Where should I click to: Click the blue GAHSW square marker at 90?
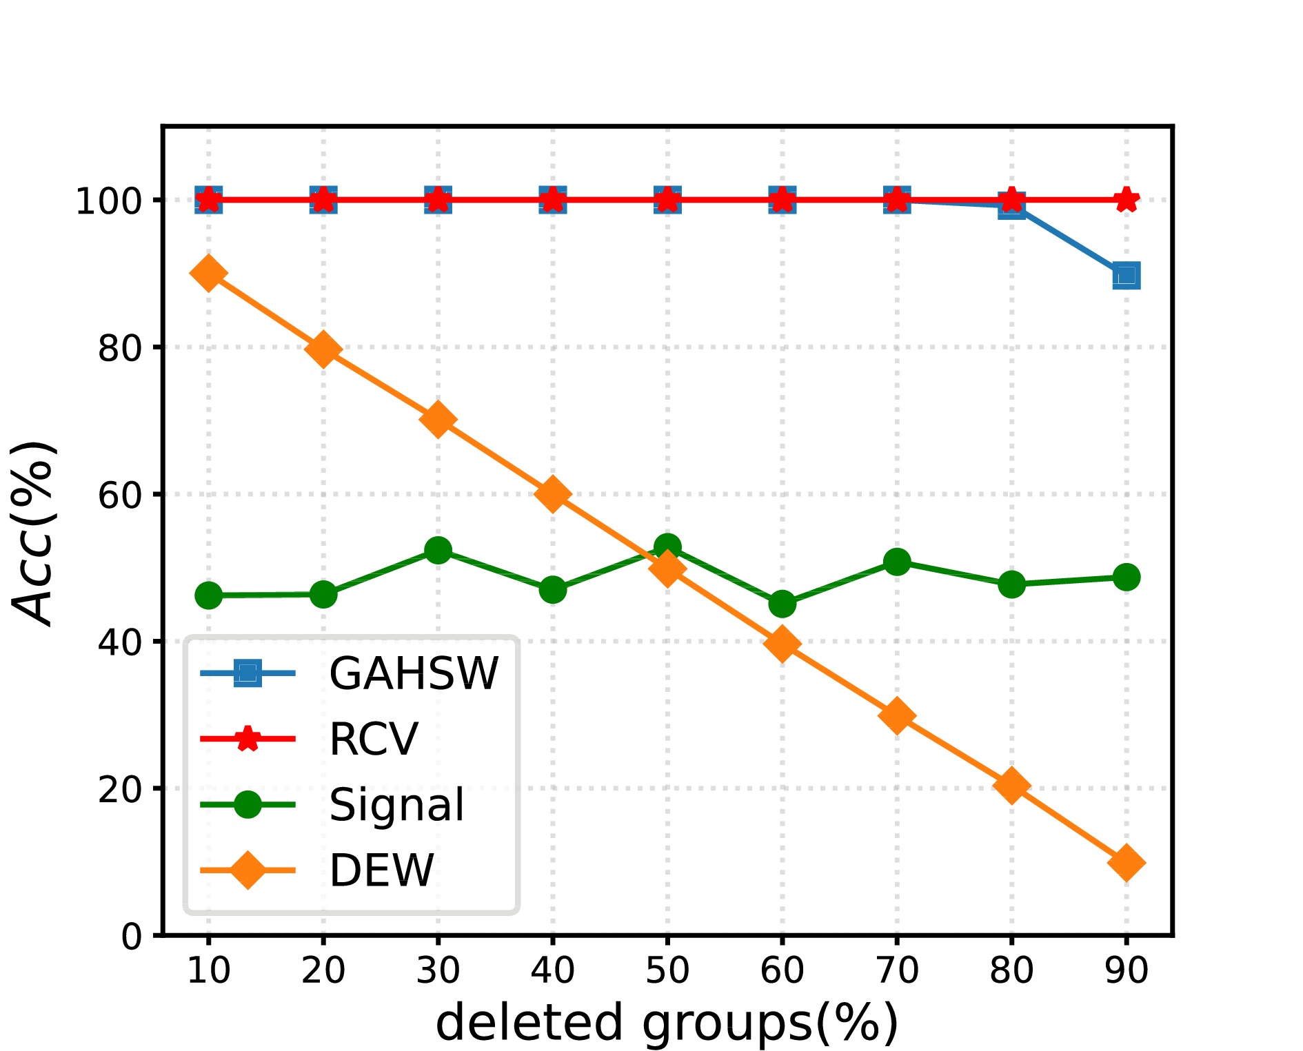1126,276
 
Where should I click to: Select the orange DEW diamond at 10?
208,274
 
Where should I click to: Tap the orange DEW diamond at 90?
1126,862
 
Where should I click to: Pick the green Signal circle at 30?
438,550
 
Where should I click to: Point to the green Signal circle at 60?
782,604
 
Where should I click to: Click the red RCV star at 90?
1126,200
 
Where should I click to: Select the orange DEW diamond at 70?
896,715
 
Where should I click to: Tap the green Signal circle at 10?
208,595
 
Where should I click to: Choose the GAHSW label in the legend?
414,673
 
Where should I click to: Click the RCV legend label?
374,739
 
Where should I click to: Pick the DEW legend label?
382,870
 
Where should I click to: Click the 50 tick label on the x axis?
667,970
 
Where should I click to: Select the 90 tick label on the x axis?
1126,970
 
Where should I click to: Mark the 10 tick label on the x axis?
208,970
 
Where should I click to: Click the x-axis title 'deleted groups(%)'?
667,1021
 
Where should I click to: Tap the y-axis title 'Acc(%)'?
33,532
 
